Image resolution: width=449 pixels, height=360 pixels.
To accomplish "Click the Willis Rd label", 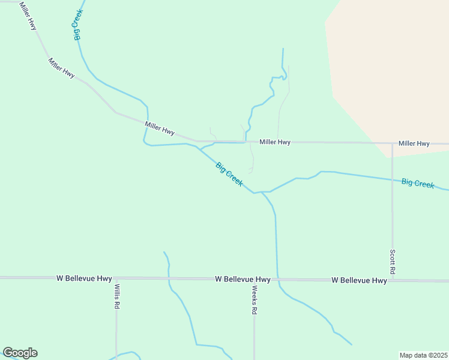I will (117, 296).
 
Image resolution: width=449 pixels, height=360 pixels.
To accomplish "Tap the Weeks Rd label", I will (255, 300).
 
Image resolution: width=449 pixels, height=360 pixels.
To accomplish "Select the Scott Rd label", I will (392, 262).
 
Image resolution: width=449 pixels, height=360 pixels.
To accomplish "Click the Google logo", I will (20, 353).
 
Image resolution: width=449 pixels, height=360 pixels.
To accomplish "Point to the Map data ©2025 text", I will (424, 355).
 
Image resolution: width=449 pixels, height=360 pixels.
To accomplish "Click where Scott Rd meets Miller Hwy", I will (392, 143).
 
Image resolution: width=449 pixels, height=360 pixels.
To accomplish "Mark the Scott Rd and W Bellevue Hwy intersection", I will (392, 280).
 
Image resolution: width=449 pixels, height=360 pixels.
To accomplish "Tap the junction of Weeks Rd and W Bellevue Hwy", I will (255, 279).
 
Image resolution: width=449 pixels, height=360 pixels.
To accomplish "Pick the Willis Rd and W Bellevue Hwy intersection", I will (116, 278).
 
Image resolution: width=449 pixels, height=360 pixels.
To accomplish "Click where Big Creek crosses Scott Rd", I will (392, 179).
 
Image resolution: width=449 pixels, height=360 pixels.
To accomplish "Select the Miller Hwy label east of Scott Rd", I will (414, 143).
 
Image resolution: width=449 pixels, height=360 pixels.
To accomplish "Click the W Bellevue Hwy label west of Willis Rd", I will (84, 278).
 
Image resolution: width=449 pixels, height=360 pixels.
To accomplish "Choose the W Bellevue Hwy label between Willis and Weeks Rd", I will (243, 279).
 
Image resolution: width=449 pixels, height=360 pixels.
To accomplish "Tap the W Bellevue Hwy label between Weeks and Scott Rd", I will (359, 280).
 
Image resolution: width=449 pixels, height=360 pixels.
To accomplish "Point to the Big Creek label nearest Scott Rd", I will (418, 183).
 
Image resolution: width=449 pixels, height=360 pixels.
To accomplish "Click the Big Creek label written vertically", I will (79, 25).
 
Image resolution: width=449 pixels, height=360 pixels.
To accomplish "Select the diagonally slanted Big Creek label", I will (229, 174).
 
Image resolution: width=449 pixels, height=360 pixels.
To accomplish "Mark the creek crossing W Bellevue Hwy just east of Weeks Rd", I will (277, 280).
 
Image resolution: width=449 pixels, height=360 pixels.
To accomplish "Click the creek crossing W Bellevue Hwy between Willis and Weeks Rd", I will (169, 278).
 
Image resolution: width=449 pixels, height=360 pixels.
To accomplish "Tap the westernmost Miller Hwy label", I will (28, 16).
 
